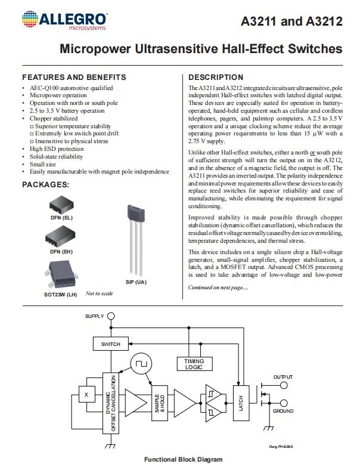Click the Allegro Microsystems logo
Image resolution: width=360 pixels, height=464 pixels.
coord(63,21)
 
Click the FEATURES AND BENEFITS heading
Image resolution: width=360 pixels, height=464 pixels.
coord(74,78)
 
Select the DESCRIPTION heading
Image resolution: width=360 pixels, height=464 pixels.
coord(216,78)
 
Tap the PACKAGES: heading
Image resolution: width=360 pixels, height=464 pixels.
coord(46,185)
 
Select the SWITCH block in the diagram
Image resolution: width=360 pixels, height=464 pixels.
coord(111,344)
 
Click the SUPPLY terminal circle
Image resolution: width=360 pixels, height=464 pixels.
coord(110,316)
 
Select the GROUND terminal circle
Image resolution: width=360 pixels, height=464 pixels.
coord(283,404)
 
